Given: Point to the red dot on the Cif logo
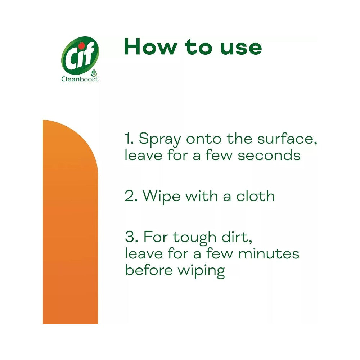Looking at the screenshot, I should [81, 46].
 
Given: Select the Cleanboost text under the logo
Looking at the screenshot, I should [80, 79].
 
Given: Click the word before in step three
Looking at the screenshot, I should [147, 270].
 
